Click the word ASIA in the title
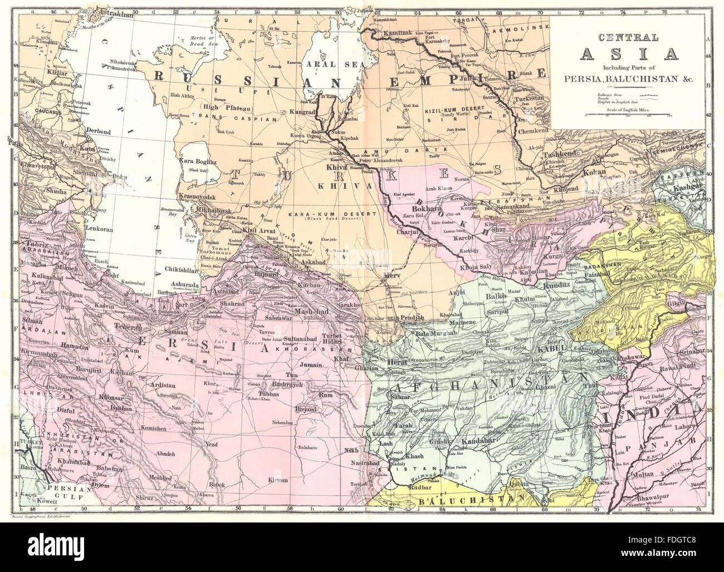[629, 54]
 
